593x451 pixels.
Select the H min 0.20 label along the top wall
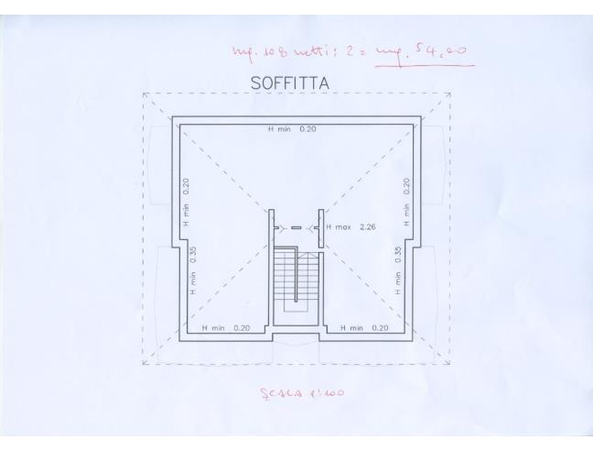[292, 130]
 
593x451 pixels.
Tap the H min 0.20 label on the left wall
[186, 203]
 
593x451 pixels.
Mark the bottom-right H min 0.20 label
[364, 327]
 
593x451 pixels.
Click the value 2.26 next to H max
[368, 225]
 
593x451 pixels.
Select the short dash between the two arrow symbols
[296, 226]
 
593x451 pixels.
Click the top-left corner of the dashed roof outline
[144, 93]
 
